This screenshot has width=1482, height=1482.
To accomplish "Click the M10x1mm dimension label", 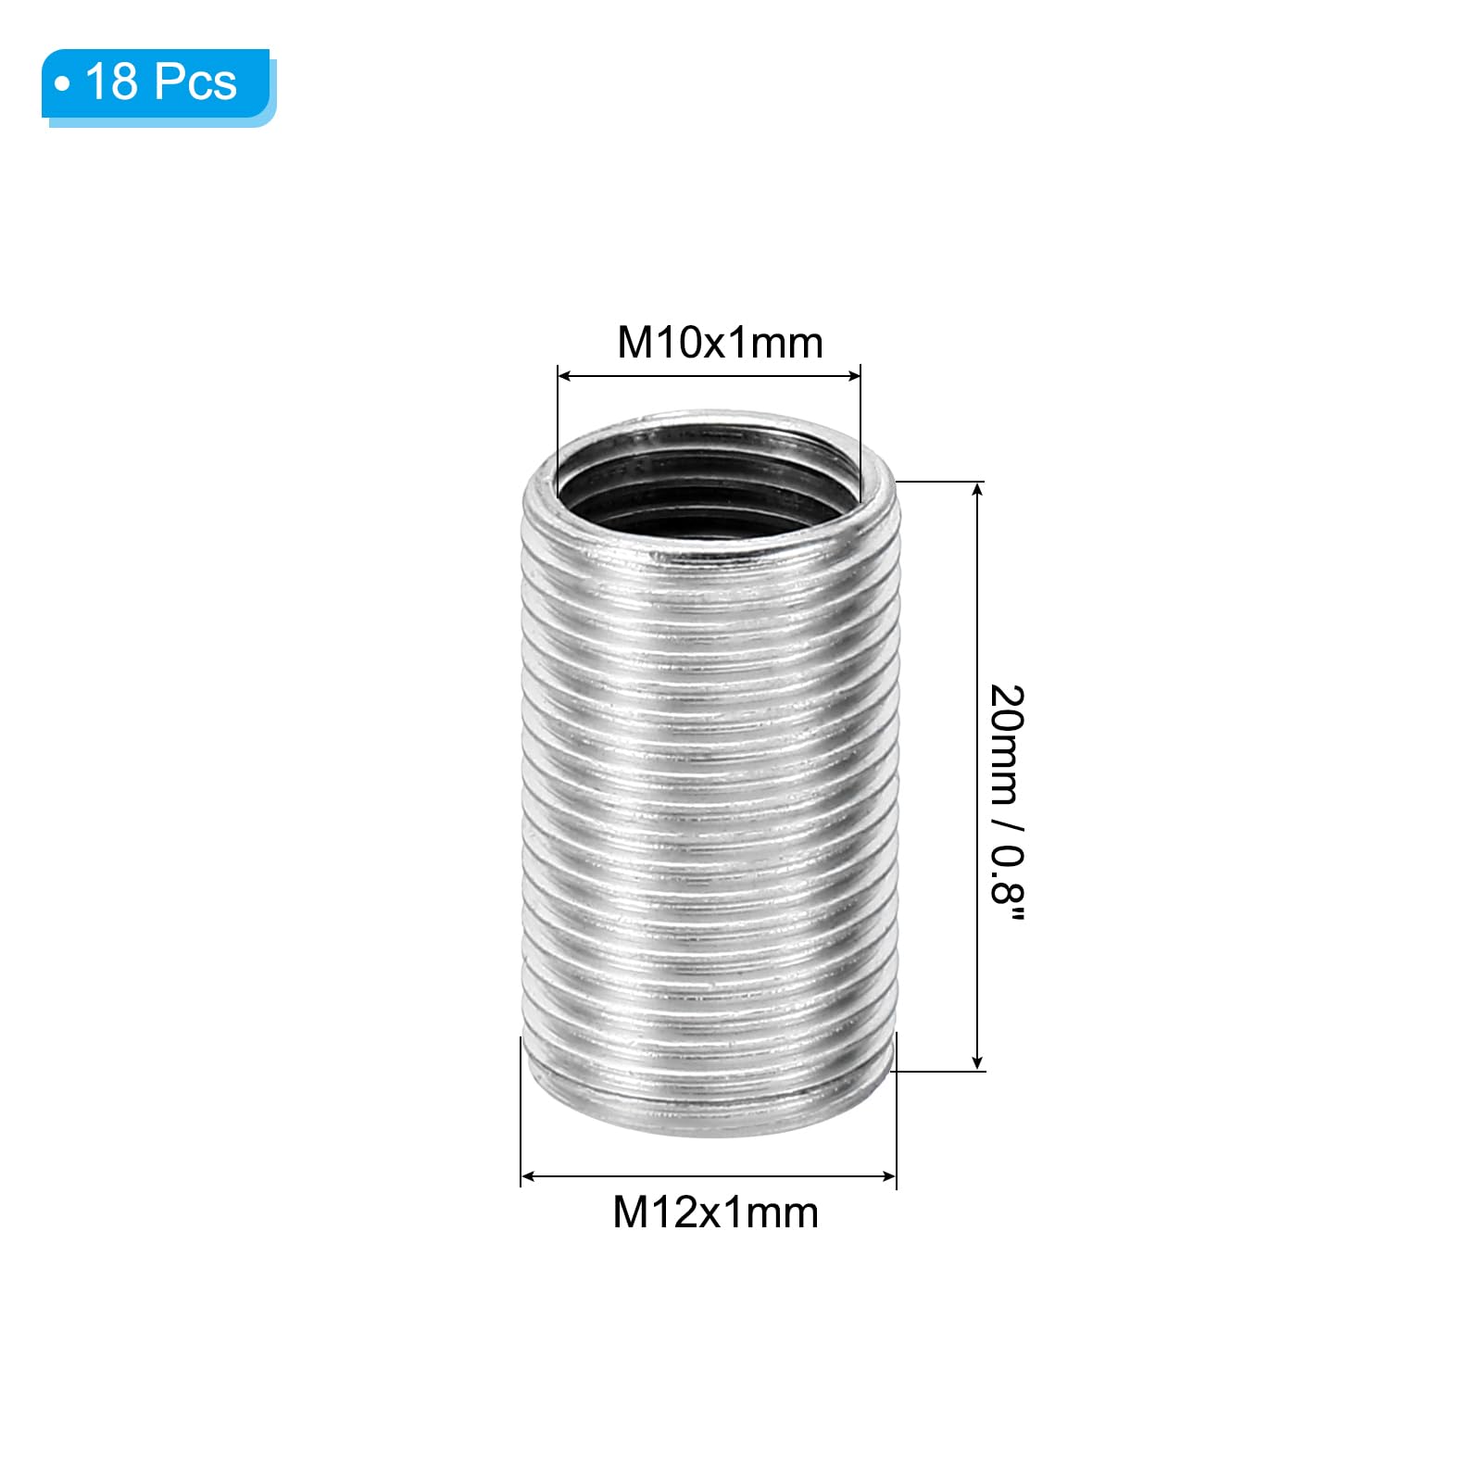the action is [720, 343].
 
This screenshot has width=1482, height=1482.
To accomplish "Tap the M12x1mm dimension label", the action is [715, 1212].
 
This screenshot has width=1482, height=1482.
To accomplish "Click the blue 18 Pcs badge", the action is [158, 87].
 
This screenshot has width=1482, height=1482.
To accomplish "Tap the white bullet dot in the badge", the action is [62, 85].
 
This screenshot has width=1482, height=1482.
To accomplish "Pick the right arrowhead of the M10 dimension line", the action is [853, 376].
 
